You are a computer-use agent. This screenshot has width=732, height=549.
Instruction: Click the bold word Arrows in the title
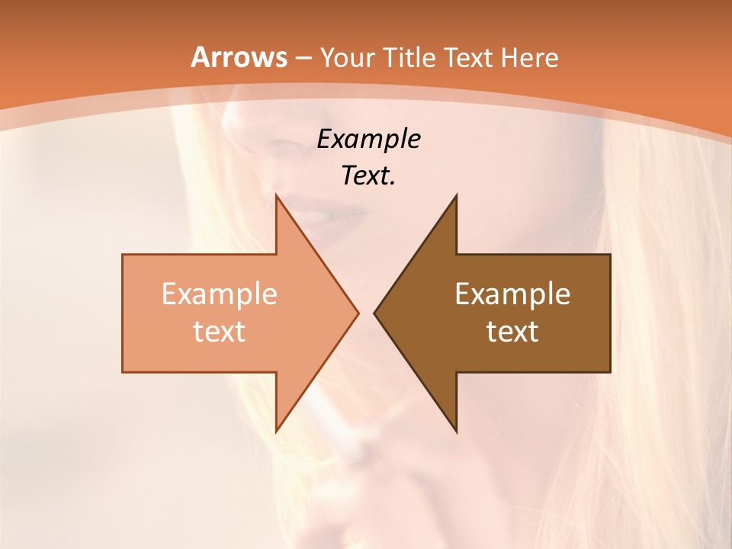click(239, 57)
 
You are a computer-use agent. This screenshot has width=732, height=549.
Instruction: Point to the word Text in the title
click(469, 58)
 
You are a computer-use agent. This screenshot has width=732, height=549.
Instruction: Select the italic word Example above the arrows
click(368, 140)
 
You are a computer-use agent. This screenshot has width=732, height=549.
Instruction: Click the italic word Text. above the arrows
click(368, 175)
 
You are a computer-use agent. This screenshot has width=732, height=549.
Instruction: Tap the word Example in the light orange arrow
click(220, 294)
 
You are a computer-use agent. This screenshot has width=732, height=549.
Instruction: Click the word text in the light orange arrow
click(220, 331)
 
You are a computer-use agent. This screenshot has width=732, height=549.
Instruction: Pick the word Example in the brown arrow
click(512, 294)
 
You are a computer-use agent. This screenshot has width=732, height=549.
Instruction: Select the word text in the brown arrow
click(512, 331)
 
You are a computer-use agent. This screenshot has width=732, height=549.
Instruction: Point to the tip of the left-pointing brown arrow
click(375, 313)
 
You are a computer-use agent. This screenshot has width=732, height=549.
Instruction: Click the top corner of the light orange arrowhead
click(276, 196)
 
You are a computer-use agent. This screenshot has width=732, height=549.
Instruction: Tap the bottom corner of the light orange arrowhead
click(276, 431)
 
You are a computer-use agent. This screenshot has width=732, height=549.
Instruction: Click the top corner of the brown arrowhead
click(456, 196)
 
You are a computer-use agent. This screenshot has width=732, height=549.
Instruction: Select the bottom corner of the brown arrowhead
click(456, 431)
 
